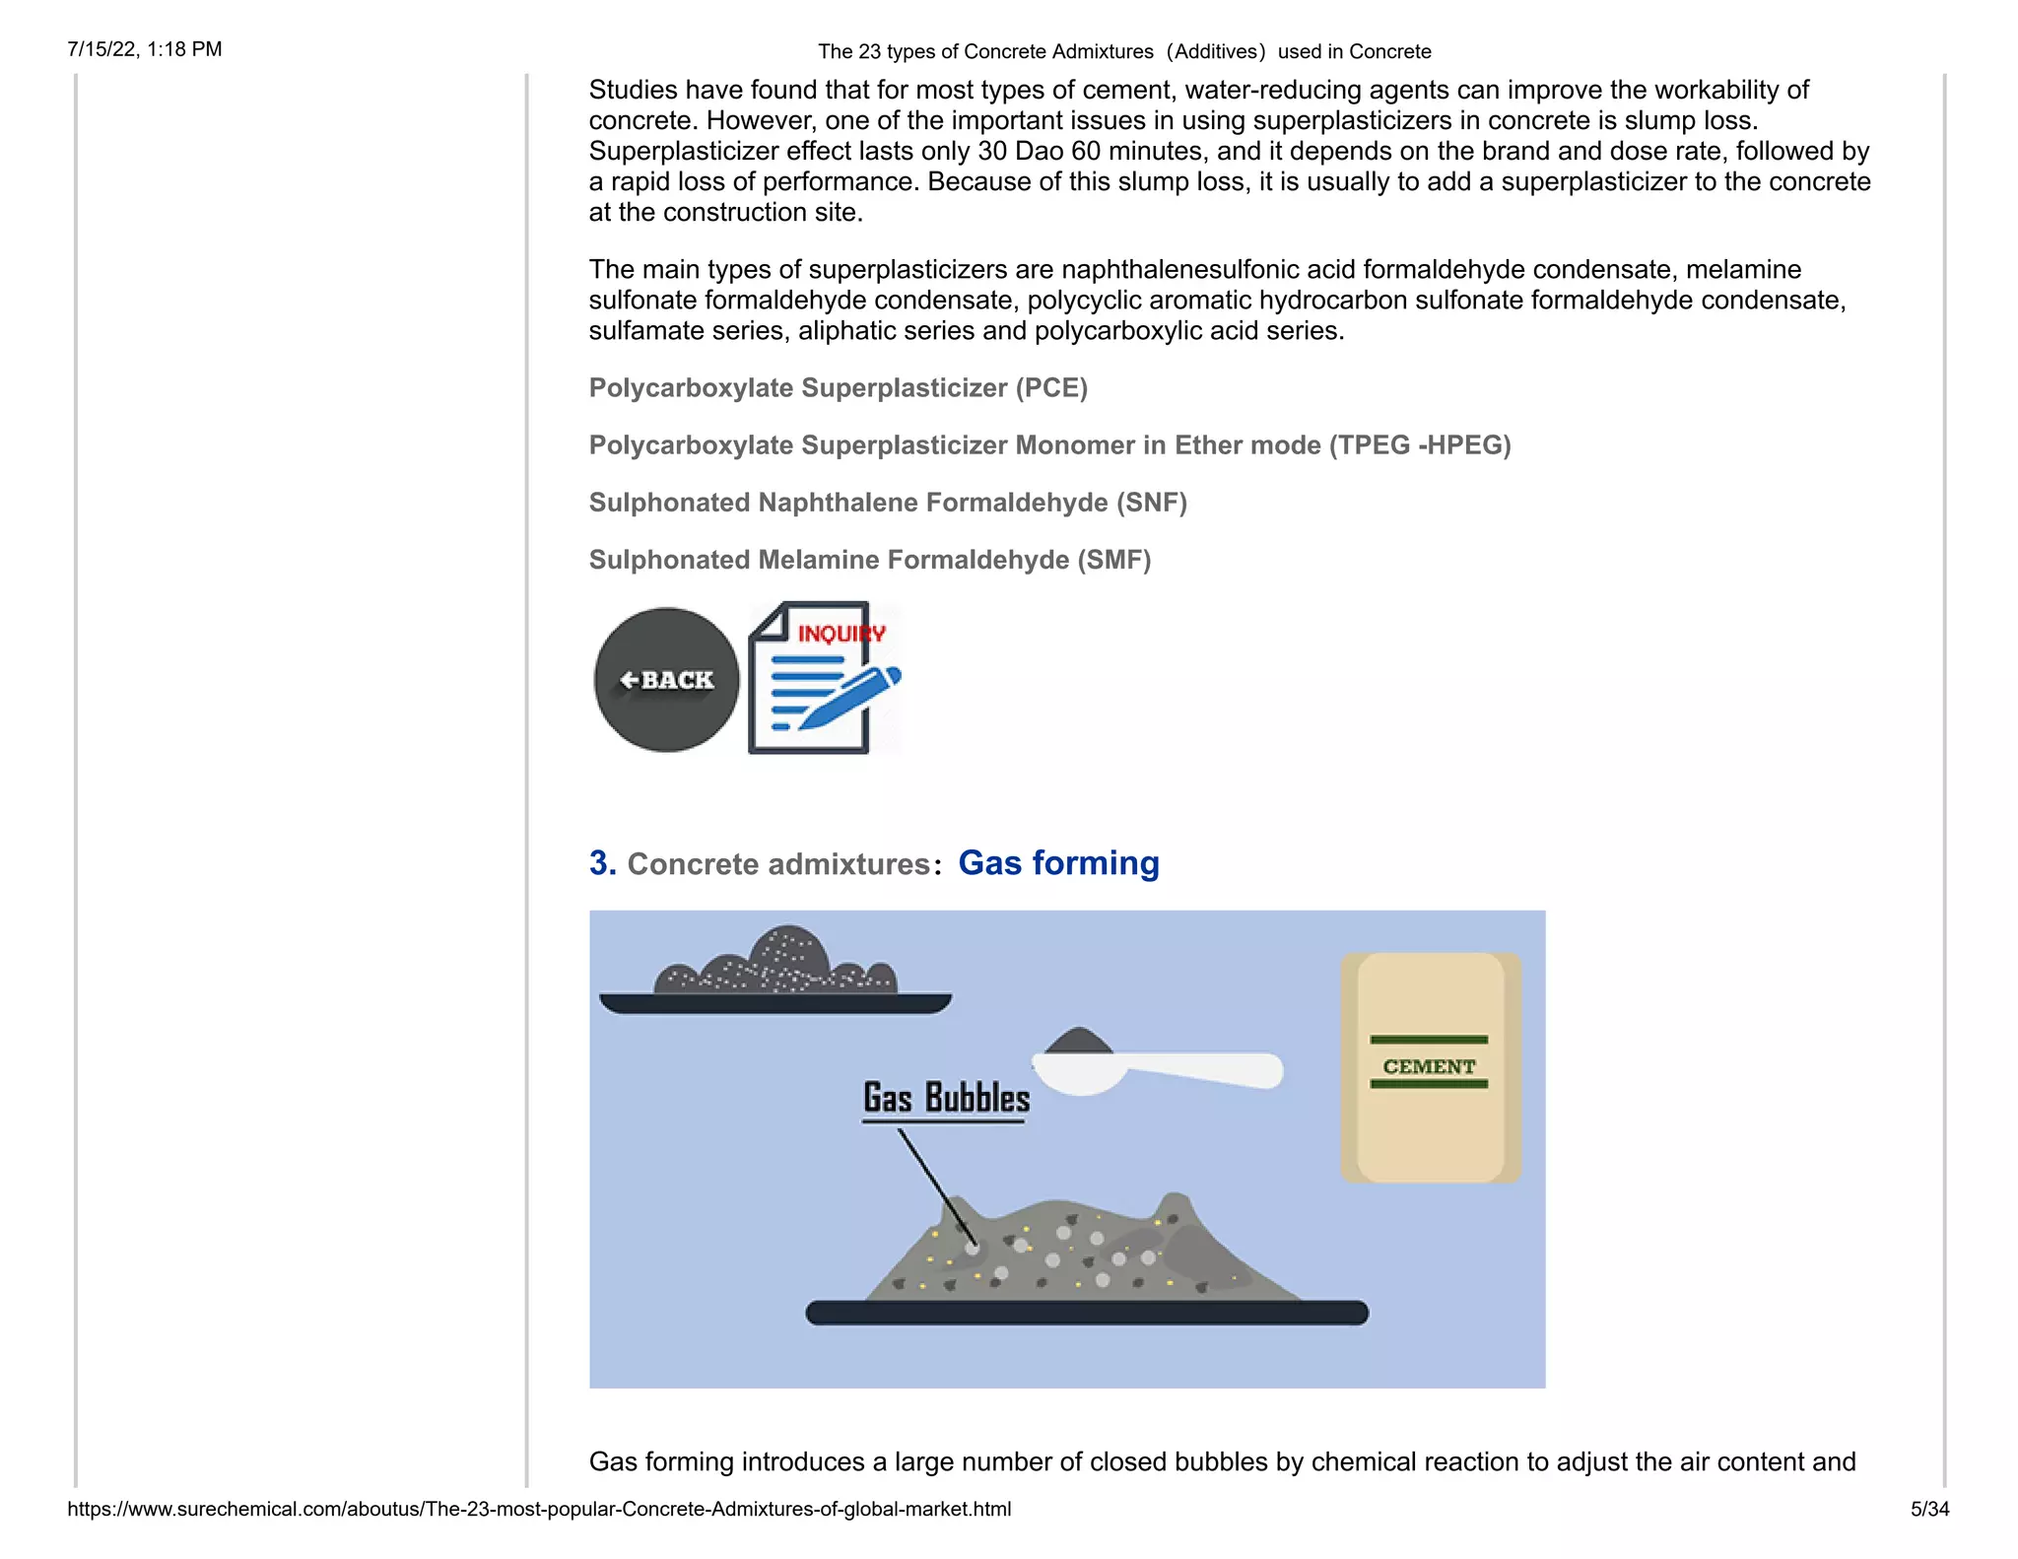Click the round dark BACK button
(666, 680)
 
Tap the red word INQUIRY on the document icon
(840, 634)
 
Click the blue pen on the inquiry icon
(849, 697)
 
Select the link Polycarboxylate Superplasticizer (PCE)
(838, 388)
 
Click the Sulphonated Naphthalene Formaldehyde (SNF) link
(887, 503)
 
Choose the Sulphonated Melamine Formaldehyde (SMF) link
(869, 560)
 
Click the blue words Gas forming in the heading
(1058, 863)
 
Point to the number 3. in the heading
(602, 863)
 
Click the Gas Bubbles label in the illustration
(946, 1098)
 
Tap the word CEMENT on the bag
(1429, 1066)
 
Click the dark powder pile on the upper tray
(778, 963)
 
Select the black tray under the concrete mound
(1086, 1313)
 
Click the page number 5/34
(1928, 1509)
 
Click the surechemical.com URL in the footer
(539, 1509)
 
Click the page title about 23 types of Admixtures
(1123, 51)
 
